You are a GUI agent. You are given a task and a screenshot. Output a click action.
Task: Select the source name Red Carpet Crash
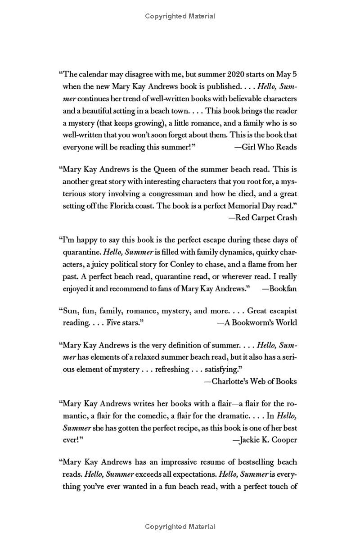point(263,217)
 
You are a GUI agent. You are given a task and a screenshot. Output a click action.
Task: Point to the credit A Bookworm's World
point(257,323)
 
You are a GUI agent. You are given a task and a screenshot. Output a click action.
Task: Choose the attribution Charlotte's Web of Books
point(250,381)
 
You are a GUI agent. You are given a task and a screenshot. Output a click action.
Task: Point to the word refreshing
point(172,370)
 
